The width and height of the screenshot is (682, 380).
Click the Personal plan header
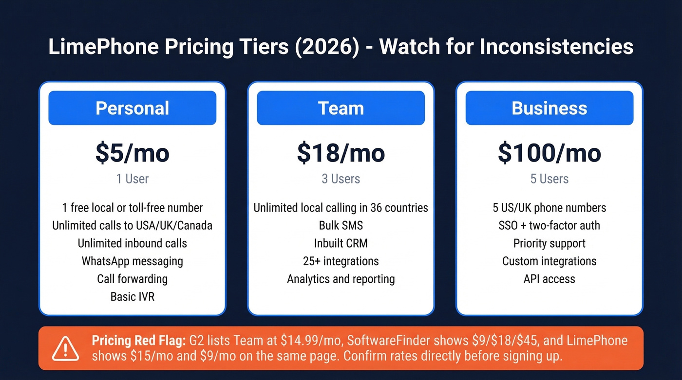(132, 108)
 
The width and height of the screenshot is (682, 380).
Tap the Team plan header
(341, 108)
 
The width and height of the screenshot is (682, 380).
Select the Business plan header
(549, 108)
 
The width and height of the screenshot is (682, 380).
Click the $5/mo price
(132, 153)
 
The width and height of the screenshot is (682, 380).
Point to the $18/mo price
(341, 153)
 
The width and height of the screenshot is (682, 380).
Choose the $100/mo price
(549, 153)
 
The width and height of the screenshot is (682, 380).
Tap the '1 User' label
(132, 179)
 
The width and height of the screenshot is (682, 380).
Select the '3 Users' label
(341, 179)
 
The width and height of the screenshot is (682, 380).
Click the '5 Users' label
(549, 179)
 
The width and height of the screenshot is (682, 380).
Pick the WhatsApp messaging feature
(132, 261)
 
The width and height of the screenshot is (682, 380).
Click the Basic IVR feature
(132, 296)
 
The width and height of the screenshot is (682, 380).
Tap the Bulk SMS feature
(341, 225)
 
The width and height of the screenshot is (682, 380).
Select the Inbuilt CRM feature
(341, 243)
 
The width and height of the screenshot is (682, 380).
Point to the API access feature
(549, 279)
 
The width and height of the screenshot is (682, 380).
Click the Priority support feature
(549, 243)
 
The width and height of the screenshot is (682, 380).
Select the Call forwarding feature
(132, 279)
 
